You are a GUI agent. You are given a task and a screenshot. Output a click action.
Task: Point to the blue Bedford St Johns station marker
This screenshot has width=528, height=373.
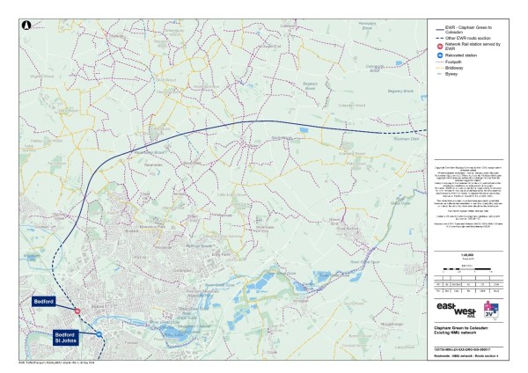(101, 335)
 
